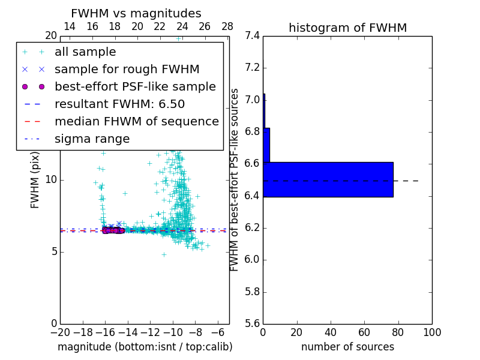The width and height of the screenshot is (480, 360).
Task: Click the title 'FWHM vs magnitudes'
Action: [136, 13]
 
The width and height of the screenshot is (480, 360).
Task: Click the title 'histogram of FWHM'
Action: [347, 28]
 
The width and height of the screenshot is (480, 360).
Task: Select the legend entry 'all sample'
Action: [85, 52]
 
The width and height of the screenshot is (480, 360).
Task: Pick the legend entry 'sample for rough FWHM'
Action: [127, 69]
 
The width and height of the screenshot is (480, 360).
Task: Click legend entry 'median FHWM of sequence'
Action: [136, 121]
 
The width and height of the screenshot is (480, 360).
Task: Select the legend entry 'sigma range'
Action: [92, 139]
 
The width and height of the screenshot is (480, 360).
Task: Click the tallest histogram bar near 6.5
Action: [328, 179]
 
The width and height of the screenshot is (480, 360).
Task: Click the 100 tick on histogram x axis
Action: [432, 332]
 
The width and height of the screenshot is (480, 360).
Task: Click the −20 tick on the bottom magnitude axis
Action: [60, 332]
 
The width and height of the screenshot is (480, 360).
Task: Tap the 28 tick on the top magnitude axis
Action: [227, 26]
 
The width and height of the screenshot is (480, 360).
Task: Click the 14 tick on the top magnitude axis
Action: [70, 26]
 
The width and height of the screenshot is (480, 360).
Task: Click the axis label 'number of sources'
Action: [347, 347]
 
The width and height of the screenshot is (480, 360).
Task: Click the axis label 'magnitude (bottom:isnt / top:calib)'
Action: [145, 347]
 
